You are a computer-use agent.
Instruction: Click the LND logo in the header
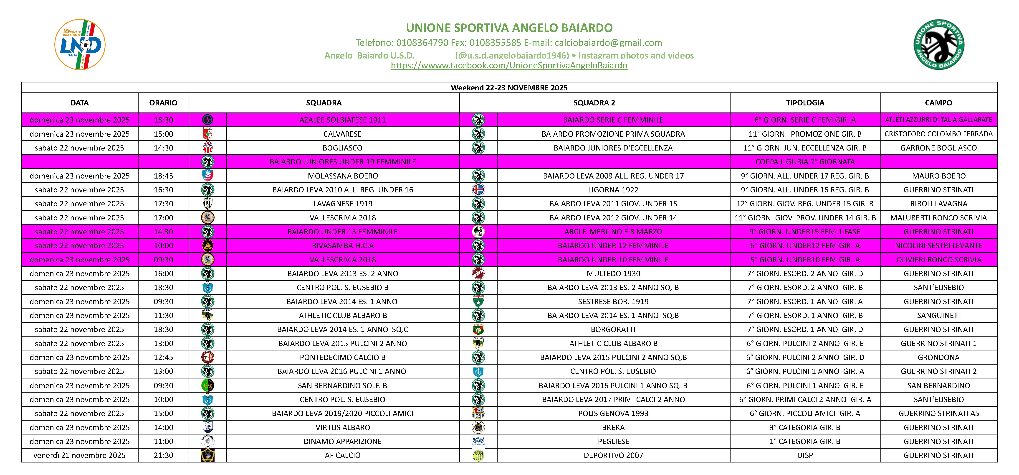point(80,45)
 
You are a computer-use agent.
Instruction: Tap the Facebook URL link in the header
point(509,65)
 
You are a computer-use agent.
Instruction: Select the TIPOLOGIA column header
point(805,103)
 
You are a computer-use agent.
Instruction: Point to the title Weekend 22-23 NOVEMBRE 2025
point(509,87)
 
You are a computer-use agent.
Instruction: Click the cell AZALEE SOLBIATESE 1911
point(343,120)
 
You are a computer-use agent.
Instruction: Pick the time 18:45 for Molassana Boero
point(163,176)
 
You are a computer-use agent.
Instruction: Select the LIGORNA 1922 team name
point(613,190)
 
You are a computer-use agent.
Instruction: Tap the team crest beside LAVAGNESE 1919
point(208,204)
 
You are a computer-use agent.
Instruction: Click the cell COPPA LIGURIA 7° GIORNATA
point(805,162)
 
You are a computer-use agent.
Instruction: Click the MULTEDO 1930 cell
point(613,273)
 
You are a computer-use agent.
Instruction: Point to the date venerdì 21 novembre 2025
point(79,455)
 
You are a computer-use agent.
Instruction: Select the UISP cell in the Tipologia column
point(805,455)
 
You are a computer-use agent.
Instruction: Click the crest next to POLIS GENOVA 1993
point(478,413)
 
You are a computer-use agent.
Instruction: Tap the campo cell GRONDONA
point(939,358)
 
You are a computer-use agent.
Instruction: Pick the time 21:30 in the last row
point(163,455)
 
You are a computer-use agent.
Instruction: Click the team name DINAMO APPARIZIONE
point(343,441)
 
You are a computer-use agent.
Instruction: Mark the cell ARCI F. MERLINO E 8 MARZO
point(613,232)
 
